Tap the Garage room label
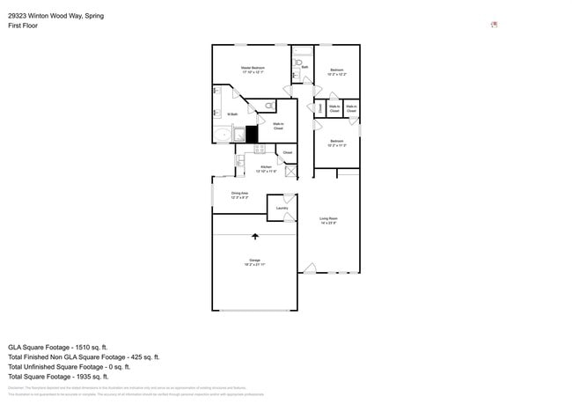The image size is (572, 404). [x=254, y=261]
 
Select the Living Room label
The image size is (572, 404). [x=329, y=220]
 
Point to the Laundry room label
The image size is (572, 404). [x=282, y=208]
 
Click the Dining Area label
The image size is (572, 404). [x=239, y=195]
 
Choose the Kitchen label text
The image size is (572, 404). [x=265, y=168]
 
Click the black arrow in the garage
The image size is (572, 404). [x=255, y=237]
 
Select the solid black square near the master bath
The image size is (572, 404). [x=252, y=135]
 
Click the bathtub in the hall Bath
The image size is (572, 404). [x=300, y=50]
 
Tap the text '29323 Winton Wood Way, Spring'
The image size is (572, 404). [x=50, y=15]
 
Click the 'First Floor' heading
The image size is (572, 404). [x=23, y=26]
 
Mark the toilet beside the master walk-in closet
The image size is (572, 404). [x=268, y=106]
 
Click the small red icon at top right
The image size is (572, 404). [x=495, y=25]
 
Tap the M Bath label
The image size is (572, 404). [x=233, y=114]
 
